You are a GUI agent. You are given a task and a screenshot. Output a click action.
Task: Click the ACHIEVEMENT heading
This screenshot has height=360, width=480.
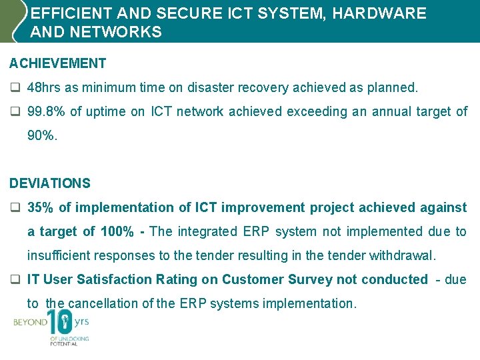click(x=57, y=63)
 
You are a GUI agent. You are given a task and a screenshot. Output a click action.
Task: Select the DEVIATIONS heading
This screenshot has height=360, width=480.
click(x=50, y=183)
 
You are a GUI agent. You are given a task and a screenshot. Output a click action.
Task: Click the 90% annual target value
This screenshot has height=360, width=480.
click(x=41, y=135)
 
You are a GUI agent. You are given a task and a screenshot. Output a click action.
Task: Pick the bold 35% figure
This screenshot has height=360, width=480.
click(x=41, y=207)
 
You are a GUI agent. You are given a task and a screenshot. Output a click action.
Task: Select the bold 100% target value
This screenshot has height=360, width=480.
click(x=115, y=231)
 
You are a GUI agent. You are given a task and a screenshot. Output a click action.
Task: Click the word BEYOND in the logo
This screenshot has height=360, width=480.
click(x=30, y=322)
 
